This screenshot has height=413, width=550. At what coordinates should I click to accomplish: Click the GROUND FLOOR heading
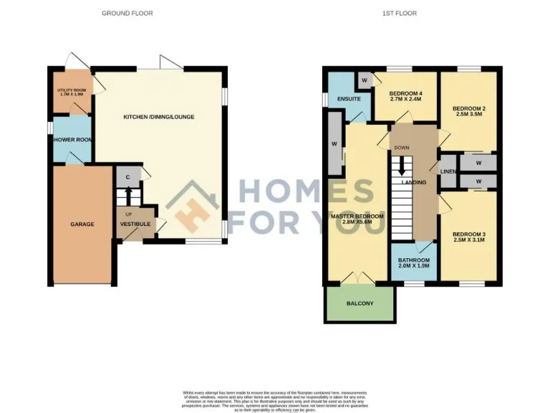pos(127,13)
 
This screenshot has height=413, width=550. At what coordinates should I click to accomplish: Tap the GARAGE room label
pos(82,224)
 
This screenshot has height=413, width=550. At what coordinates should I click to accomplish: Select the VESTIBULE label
pos(135,224)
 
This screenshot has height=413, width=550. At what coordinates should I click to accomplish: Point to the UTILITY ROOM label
pos(71,92)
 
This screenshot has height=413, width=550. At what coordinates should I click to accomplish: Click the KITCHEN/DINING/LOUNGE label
pos(158,117)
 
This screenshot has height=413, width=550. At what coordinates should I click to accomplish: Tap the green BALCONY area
pos(360,303)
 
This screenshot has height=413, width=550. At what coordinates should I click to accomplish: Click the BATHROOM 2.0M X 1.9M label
pos(414,263)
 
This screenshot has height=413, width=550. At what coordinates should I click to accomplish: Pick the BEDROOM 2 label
pos(469,112)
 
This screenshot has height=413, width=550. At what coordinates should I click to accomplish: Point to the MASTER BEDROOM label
pos(357,219)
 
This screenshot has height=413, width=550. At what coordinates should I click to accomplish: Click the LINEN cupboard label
pos(448,171)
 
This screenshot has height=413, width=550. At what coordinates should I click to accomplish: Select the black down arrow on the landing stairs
pos(402,166)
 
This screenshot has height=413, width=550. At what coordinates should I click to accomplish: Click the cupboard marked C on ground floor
pos(127,176)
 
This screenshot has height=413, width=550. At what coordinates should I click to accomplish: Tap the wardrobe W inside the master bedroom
pos(334,143)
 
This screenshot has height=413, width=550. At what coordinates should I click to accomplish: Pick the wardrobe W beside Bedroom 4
pos(365,80)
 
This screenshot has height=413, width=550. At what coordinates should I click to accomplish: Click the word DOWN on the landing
pos(402,148)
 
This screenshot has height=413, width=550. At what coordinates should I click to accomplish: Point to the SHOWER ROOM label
pos(71,140)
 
